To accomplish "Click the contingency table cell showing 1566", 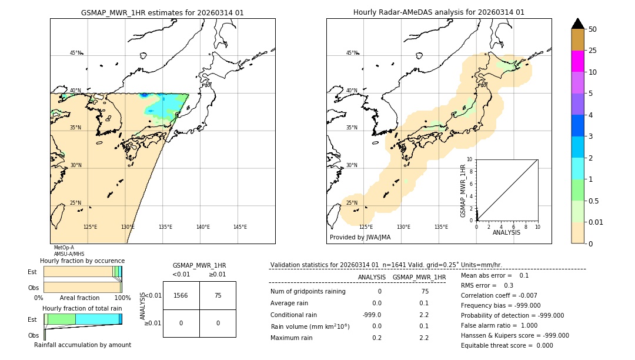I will click(181, 295).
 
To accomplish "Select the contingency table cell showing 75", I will click(218, 295).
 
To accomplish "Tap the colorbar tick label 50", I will click(593, 29).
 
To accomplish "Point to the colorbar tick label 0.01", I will click(596, 222).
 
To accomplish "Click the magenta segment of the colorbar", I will click(577, 61).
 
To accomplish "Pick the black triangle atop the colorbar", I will click(577, 24).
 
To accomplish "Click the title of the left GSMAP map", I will click(162, 12).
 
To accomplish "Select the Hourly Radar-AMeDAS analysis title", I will click(439, 12).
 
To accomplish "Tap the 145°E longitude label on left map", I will click(240, 227).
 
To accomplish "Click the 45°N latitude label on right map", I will click(352, 53).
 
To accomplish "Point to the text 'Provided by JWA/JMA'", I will click(360, 238).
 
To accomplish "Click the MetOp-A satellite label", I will click(63, 248).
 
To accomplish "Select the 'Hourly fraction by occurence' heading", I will click(82, 261).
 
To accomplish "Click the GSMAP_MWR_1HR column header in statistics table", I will click(419, 277).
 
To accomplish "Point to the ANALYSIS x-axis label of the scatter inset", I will click(506, 232).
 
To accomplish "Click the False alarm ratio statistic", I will click(496, 325).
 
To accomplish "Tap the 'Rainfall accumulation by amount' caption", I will click(82, 345).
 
